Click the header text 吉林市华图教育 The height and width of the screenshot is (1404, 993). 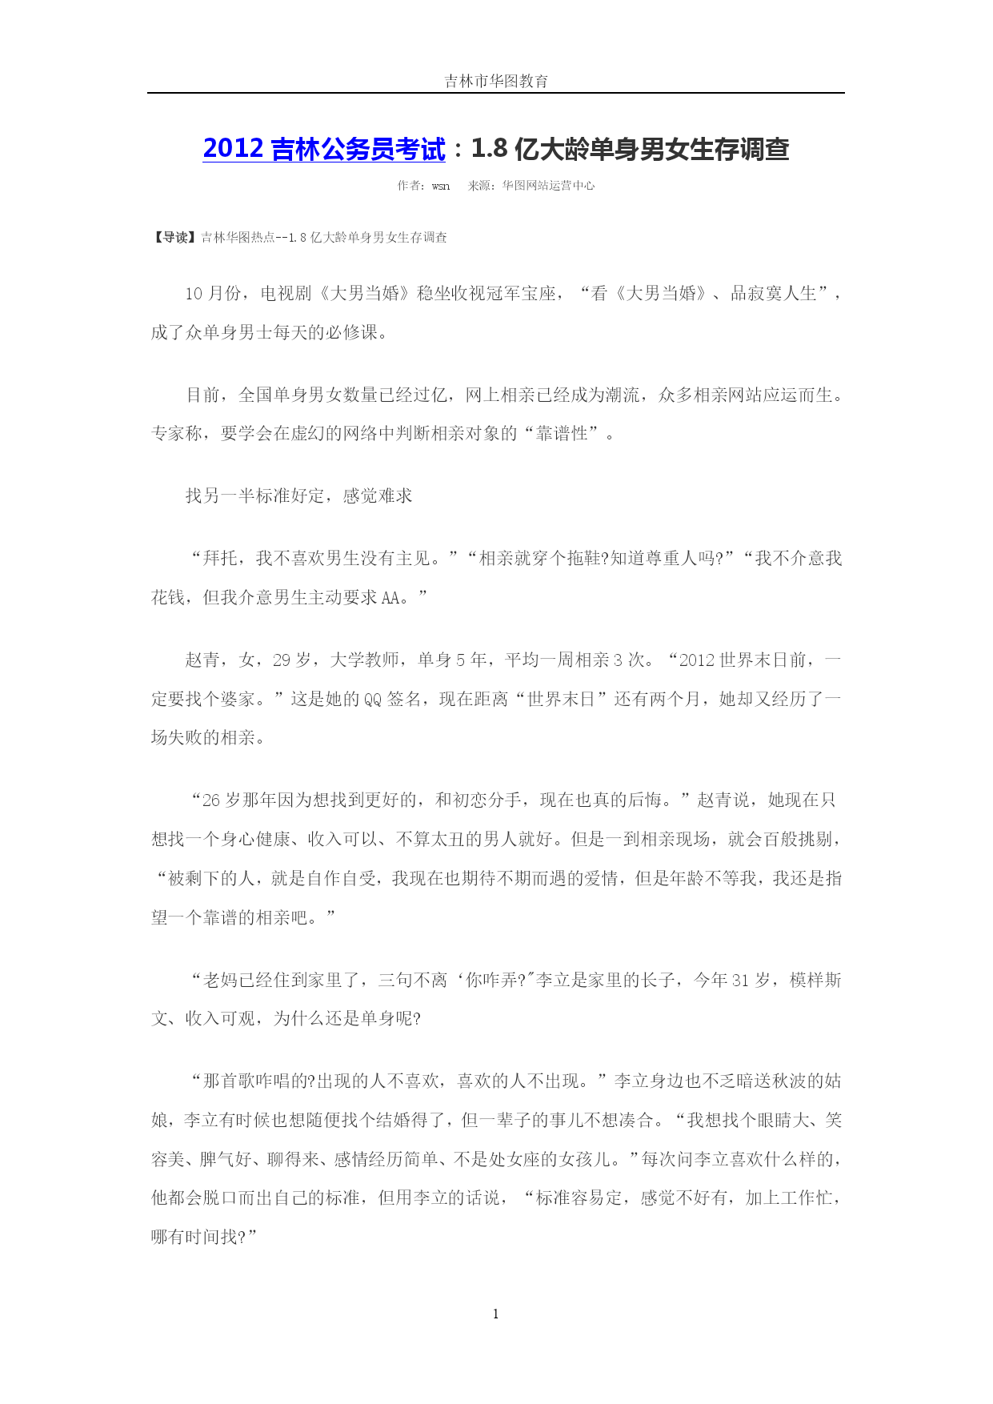tap(496, 81)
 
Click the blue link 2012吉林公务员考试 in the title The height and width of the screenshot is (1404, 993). tap(324, 149)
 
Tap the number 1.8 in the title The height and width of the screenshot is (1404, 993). tap(490, 149)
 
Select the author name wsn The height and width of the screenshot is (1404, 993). tap(441, 186)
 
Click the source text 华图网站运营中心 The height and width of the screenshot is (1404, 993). tap(548, 186)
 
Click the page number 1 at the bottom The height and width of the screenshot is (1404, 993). tap(496, 1314)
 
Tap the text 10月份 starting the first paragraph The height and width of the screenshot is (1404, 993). tap(212, 294)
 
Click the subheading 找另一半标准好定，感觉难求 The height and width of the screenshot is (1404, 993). tap(298, 496)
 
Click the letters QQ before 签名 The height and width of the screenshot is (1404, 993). tap(373, 700)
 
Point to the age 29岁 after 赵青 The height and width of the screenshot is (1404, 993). tap(292, 660)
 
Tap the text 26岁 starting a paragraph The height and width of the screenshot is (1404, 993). tap(221, 800)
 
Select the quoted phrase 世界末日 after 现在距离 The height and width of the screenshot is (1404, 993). tap(561, 700)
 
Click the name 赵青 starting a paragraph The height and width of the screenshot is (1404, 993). tap(202, 660)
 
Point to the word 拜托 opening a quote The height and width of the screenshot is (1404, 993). tap(220, 559)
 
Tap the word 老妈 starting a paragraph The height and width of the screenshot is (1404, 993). tap(220, 981)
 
